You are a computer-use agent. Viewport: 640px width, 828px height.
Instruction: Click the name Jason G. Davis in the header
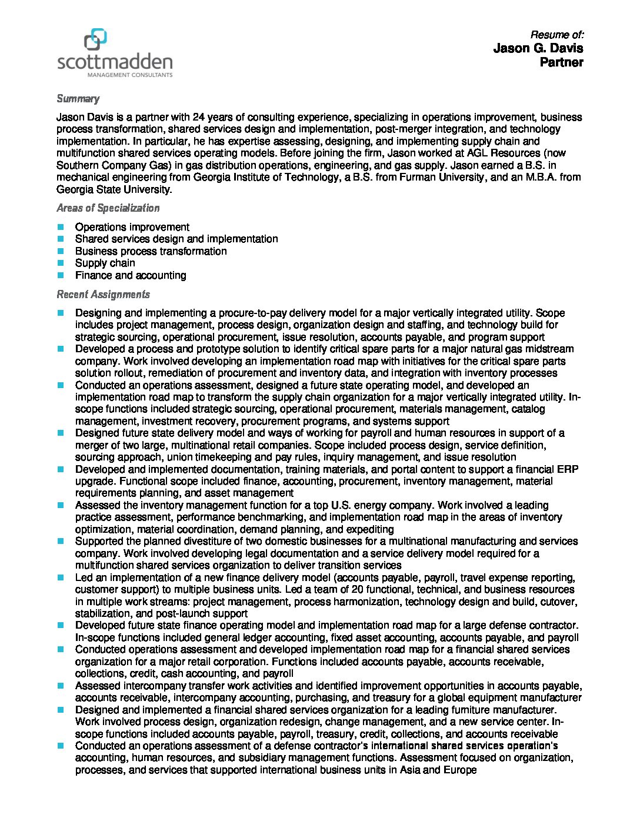538,48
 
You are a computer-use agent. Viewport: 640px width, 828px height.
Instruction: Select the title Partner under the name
561,62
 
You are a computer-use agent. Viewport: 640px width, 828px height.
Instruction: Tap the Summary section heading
78,99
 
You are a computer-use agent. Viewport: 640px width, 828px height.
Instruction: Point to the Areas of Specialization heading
108,208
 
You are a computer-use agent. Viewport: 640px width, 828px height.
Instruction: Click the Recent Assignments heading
103,295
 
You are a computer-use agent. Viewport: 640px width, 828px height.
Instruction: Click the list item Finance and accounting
131,275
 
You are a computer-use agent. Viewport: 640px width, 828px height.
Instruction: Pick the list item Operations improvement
132,227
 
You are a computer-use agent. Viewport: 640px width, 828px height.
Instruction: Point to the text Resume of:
556,35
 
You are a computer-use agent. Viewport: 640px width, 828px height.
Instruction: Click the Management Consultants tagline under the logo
130,75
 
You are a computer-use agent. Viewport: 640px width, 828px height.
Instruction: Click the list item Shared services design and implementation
176,239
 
